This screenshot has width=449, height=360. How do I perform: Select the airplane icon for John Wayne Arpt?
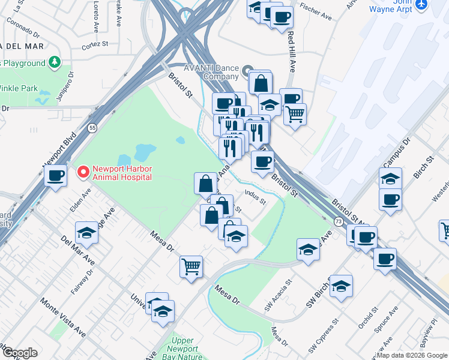click(x=421, y=4)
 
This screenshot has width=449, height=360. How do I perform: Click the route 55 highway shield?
click(x=92, y=128)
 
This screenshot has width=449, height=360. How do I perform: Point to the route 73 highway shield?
click(x=339, y=222)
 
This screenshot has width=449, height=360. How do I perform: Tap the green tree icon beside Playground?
click(x=55, y=62)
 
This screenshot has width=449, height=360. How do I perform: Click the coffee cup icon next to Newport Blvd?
click(x=56, y=176)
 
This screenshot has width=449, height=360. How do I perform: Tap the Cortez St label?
click(x=94, y=44)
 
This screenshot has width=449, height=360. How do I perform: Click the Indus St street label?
click(x=255, y=196)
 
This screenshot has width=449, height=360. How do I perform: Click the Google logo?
click(x=20, y=353)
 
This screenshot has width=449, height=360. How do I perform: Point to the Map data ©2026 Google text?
click(x=411, y=355)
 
